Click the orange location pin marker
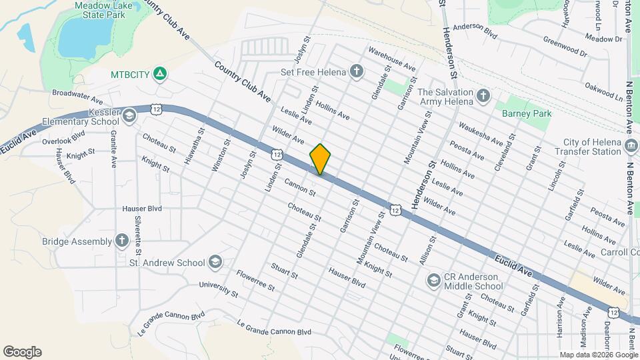[321, 159]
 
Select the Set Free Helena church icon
[357, 71]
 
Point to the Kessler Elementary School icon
[129, 117]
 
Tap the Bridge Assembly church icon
[121, 241]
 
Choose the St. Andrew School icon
[215, 262]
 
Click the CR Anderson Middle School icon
[433, 279]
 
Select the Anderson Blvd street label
[475, 29]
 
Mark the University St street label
[219, 289]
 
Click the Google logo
[22, 352]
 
